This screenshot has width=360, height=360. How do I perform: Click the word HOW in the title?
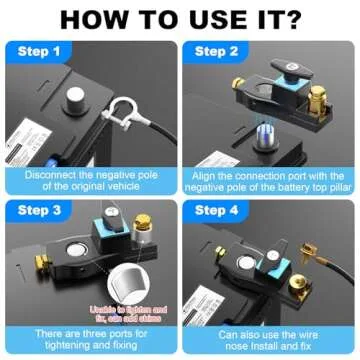click(95, 19)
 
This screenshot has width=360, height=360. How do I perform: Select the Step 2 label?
click(218, 51)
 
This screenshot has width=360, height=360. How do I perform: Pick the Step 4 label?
click(218, 212)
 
